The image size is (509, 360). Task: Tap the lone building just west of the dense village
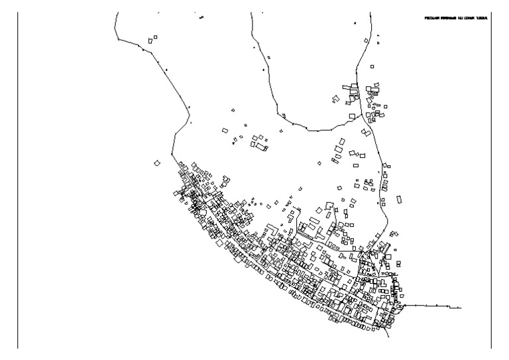[157, 162]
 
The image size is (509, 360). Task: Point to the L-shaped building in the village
[272, 229]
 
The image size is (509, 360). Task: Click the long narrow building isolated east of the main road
[399, 199]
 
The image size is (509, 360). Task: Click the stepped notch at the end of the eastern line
[455, 307]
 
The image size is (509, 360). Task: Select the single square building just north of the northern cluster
[372, 66]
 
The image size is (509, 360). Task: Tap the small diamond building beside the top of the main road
[365, 40]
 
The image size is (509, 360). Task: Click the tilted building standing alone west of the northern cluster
[336, 99]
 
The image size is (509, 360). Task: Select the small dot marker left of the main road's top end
[355, 23]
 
